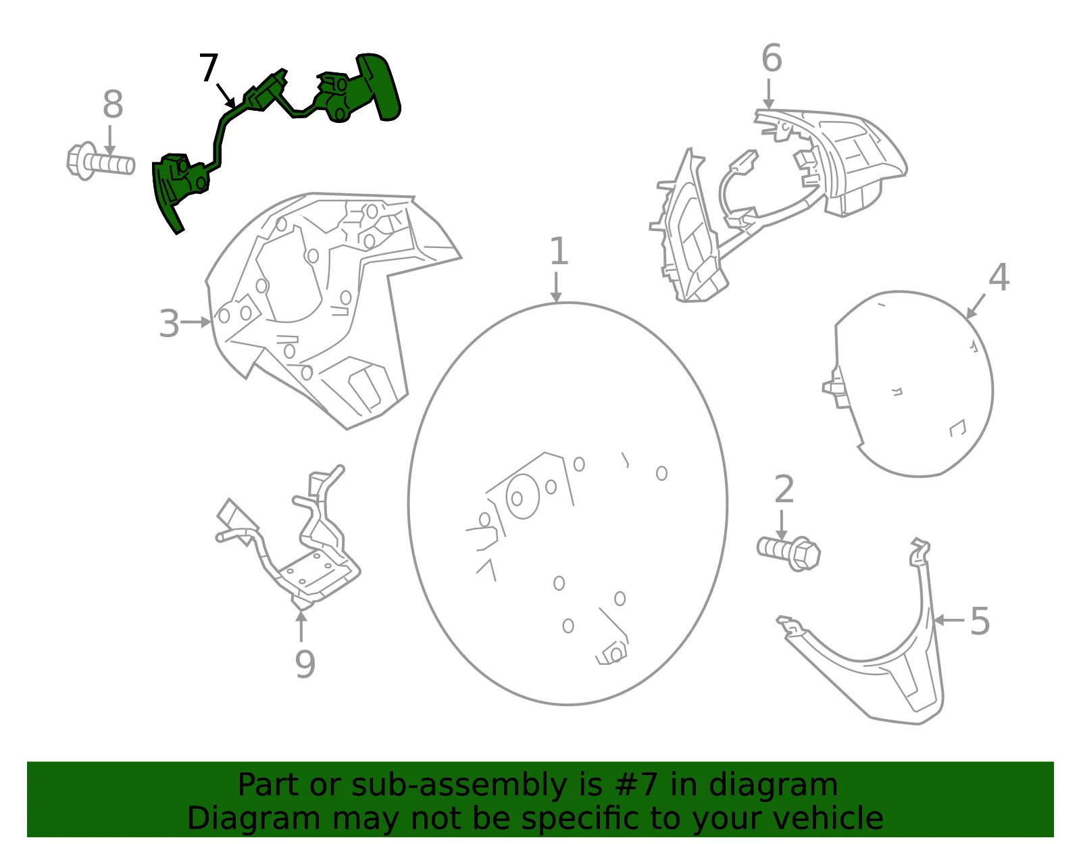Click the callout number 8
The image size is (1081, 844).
[113, 104]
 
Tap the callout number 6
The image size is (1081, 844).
[772, 58]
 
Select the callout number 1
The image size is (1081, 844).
[559, 251]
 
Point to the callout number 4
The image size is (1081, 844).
[999, 276]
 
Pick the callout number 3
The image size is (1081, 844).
[169, 324]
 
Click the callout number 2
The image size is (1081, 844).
[784, 489]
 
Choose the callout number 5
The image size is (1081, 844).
[980, 621]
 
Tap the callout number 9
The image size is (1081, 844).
[305, 664]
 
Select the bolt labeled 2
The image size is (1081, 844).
[788, 553]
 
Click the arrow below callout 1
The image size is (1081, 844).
[556, 287]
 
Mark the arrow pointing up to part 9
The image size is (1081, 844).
[301, 626]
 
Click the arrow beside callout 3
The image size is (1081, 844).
[196, 322]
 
